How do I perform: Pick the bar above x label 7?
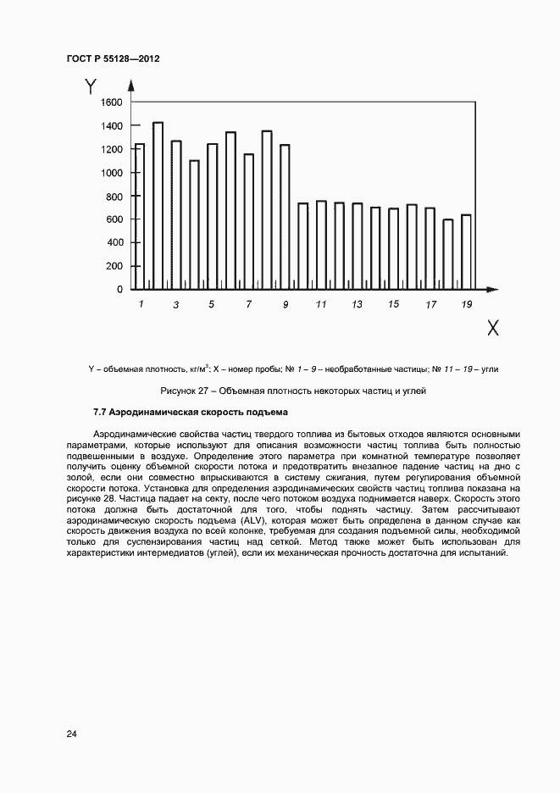248,221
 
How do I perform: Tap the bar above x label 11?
321,245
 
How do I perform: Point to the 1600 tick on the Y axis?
111,103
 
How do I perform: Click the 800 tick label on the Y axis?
114,197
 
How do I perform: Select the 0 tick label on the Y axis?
119,290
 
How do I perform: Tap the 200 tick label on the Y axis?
114,266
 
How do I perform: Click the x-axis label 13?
357,304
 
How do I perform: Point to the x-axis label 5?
212,304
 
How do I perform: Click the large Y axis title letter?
91,86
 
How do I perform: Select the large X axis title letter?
492,328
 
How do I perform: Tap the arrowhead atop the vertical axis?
130,84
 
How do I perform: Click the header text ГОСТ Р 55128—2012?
113,59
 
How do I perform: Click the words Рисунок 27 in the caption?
183,391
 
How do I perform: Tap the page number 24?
71,734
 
